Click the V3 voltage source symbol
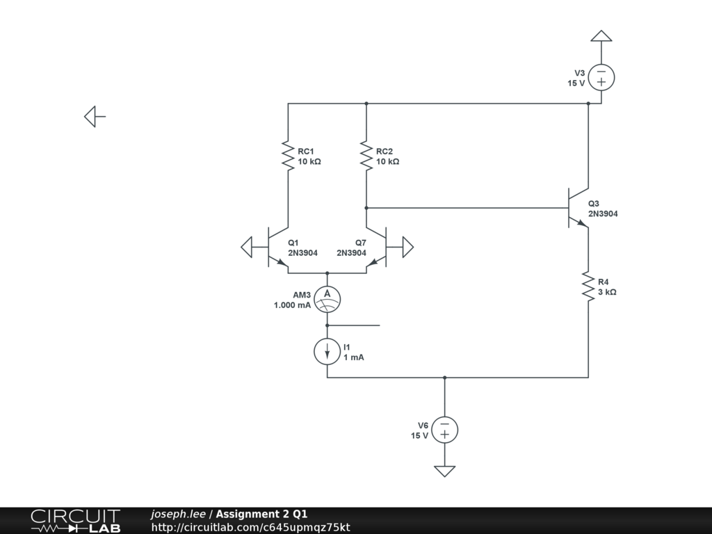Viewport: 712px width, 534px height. coord(601,78)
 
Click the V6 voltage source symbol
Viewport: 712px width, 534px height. coord(444,430)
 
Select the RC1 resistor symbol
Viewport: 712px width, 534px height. coord(287,156)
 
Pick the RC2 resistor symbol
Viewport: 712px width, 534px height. coord(366,156)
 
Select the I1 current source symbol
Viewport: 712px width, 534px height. coord(327,351)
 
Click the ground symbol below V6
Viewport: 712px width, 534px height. coord(444,471)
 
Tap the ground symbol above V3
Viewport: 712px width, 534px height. coord(601,36)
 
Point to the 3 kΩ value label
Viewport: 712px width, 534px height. coord(607,292)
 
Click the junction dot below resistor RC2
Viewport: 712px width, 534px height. coord(366,208)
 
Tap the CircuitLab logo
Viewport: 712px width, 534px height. coord(74,521)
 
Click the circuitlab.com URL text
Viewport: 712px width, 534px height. coord(250,527)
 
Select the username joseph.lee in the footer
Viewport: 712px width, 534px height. coord(178,514)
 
